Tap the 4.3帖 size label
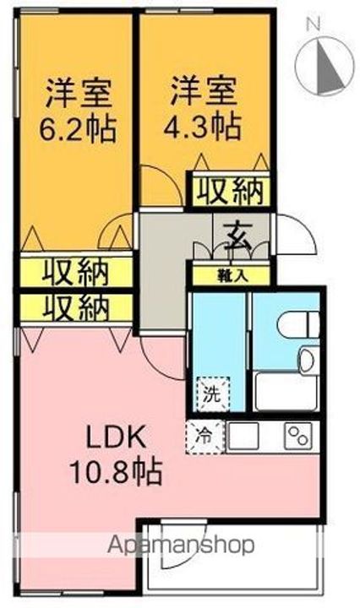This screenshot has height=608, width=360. pos(203,127)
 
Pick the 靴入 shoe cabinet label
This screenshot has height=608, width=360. pos(229,274)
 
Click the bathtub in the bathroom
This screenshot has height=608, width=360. pos(285,391)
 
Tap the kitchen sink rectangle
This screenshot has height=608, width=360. pos(246,435)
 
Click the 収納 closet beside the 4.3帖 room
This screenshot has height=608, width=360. pos(227,193)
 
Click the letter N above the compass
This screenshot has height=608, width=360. pos(311,24)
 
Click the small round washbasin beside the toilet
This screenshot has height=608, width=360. pos(307,361)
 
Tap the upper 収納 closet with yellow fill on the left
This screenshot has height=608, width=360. pos(76,272)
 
